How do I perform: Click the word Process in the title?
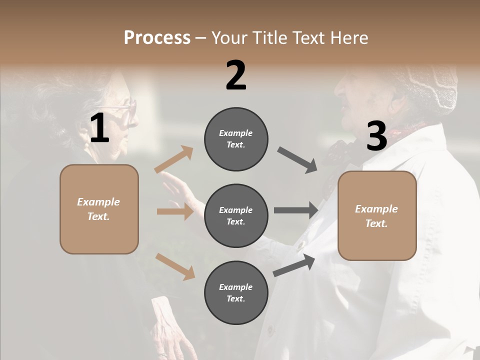click(157, 37)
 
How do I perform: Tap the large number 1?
click(99, 128)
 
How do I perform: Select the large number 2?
click(236, 75)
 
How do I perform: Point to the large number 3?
click(376, 136)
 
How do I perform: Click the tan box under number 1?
click(99, 209)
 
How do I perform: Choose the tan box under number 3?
click(377, 215)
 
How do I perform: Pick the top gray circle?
click(236, 139)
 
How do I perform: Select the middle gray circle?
click(236, 215)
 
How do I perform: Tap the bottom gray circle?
click(236, 292)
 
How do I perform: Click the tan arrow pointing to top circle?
click(174, 159)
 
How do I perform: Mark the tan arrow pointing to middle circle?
click(175, 211)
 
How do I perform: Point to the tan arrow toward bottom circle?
click(175, 266)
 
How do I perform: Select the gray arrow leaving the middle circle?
click(296, 210)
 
